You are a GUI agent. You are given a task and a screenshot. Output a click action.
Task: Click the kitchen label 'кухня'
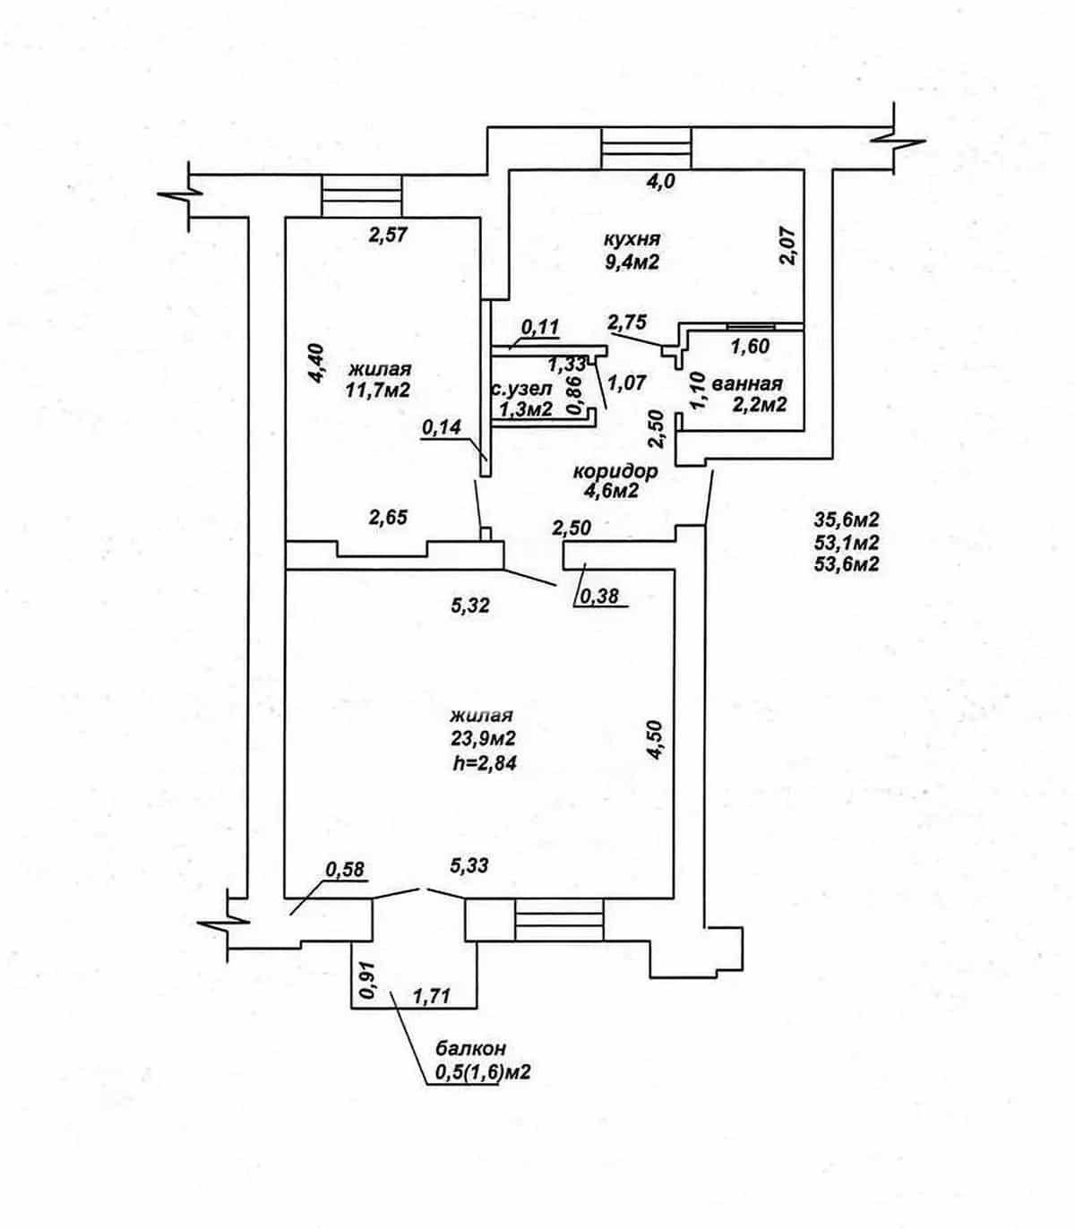tap(632, 238)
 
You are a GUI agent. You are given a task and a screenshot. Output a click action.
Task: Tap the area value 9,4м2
tap(632, 262)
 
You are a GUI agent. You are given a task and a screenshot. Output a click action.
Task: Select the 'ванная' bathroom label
tap(746, 383)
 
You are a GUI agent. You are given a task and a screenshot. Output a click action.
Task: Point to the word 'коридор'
tap(615, 471)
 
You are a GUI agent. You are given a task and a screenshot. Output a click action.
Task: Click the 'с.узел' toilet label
tap(521, 390)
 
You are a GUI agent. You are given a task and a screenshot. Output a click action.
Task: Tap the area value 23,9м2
tap(484, 738)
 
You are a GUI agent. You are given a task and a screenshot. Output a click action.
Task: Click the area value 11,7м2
tap(378, 391)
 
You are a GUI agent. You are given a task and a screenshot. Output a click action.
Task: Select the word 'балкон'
tap(471, 1049)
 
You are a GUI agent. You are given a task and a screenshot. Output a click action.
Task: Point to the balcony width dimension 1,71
tap(432, 997)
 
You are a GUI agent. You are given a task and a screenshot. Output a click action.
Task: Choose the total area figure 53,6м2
tap(847, 564)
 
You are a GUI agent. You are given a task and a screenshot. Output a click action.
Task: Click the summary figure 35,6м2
tap(847, 518)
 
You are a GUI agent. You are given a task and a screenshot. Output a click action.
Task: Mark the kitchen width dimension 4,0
tap(660, 181)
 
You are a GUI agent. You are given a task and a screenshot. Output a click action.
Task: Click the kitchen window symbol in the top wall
tap(647, 148)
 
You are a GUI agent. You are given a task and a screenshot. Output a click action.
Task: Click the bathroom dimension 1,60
tap(750, 347)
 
